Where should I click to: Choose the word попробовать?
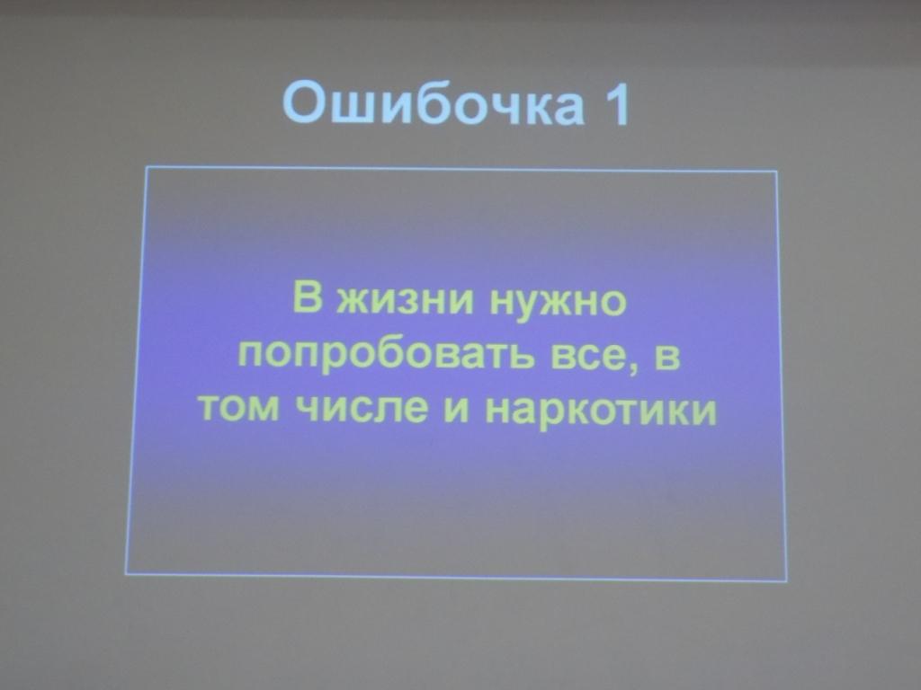tap(392, 356)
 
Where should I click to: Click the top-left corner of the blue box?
tap(147, 168)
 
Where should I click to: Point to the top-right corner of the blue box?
tap(776, 172)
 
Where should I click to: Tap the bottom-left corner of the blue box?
tap(126, 572)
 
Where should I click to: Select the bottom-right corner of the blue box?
tap(786, 579)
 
